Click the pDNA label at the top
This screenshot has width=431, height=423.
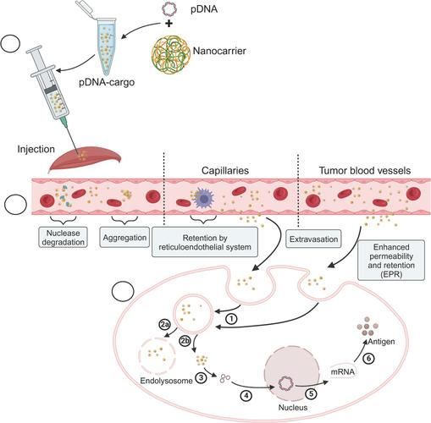(204, 9)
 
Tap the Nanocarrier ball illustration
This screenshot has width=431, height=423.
(171, 53)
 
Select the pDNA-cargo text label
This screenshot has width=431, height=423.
(107, 83)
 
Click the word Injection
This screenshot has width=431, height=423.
(36, 149)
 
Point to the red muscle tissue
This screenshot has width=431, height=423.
(86, 160)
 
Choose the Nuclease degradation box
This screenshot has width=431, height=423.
(63, 238)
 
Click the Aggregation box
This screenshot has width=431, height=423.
(124, 238)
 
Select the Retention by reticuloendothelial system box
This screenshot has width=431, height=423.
(205, 242)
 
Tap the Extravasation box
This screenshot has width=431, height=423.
(313, 239)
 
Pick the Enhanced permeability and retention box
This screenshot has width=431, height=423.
(391, 261)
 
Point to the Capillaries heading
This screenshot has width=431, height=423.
(225, 171)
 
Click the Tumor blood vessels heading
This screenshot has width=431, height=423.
(365, 171)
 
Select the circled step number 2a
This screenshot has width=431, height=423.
(164, 325)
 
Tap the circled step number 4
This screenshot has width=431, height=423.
(246, 396)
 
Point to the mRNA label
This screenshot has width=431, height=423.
(342, 371)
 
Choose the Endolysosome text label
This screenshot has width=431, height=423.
(166, 381)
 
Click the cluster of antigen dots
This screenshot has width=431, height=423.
(367, 327)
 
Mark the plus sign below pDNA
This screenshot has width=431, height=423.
(169, 24)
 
